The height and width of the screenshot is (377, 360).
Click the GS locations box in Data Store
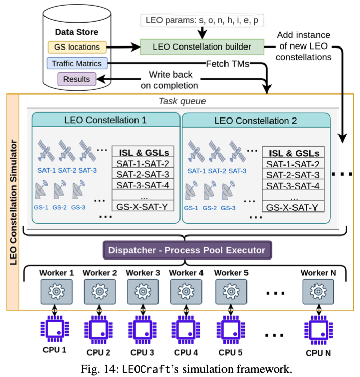77,47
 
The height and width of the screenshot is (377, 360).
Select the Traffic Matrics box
77,63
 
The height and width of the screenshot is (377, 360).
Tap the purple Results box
77,79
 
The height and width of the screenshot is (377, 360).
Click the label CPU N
318,352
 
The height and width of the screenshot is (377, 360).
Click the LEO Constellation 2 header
256,121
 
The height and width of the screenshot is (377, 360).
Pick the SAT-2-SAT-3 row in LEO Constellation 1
143,175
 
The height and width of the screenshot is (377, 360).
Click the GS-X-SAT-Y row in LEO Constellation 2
293,207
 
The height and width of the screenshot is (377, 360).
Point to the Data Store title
76,32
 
